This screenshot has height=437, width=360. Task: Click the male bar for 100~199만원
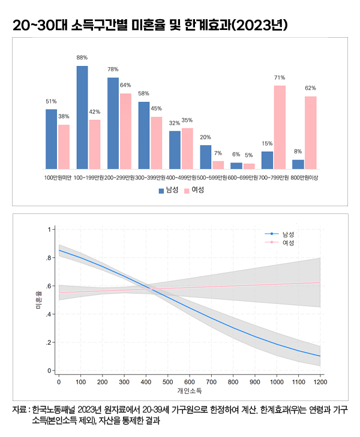[x=82, y=117]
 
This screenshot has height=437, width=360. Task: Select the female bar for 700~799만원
[x=280, y=127]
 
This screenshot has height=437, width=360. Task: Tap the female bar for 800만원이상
[x=310, y=132]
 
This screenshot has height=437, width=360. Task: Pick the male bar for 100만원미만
[x=52, y=139]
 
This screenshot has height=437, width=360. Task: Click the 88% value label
[x=82, y=58]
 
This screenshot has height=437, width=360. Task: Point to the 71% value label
[x=280, y=78]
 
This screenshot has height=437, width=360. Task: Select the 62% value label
[x=310, y=88]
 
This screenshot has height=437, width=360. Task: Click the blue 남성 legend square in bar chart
[x=161, y=191]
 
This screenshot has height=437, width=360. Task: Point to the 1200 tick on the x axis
[x=320, y=382]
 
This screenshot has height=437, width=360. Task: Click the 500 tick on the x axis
[x=167, y=382]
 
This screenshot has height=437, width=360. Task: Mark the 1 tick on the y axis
[x=49, y=230]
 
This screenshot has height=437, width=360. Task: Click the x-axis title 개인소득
[x=189, y=391]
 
